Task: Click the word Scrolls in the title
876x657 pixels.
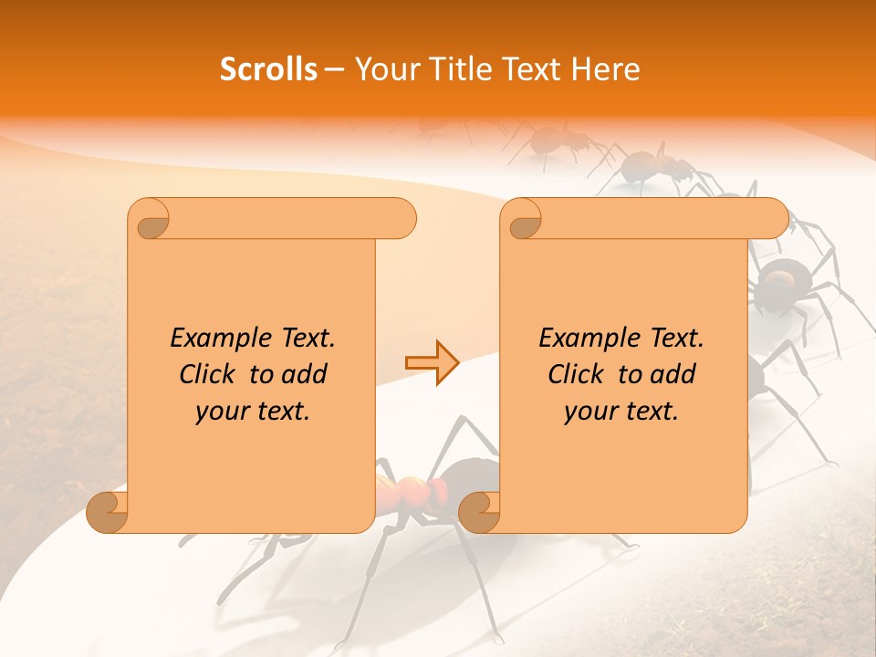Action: pos(268,69)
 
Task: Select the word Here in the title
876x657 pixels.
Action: pos(606,69)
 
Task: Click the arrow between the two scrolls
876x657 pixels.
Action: pos(432,363)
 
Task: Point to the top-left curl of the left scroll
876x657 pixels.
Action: pos(149,220)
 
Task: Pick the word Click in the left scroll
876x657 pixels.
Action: pos(210,374)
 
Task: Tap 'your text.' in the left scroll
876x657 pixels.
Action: pos(253,411)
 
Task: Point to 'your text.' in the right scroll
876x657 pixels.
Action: pos(621,411)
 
